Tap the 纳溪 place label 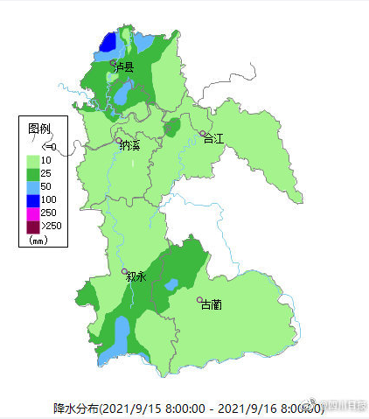[x=132, y=146]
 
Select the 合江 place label [x=215, y=138]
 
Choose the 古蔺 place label [x=212, y=305]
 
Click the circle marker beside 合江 [x=203, y=133]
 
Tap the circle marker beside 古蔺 [x=199, y=300]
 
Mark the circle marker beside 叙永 [x=124, y=271]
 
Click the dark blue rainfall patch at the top [x=108, y=42]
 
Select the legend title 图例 [x=39, y=128]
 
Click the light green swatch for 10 [x=32, y=160]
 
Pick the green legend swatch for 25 [x=32, y=173]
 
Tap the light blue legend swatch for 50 [x=32, y=186]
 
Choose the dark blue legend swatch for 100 [x=32, y=199]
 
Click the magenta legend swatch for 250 [x=32, y=213]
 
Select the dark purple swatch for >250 [x=32, y=226]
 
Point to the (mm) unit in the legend [x=38, y=239]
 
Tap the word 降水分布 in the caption [x=76, y=409]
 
